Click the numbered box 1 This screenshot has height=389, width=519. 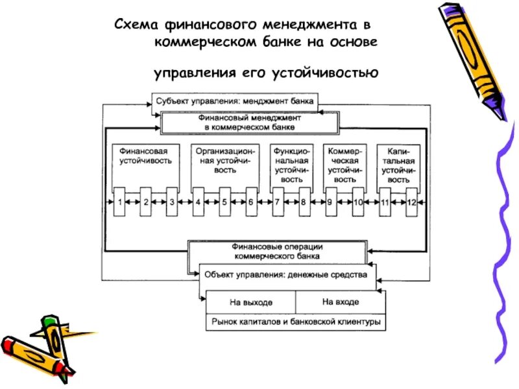pyautogui.click(x=120, y=202)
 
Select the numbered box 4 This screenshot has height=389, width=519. pyautogui.click(x=198, y=202)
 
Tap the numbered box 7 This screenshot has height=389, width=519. pyautogui.click(x=277, y=202)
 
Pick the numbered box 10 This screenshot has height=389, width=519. pyautogui.click(x=357, y=202)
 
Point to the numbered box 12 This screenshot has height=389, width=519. pyautogui.click(x=411, y=202)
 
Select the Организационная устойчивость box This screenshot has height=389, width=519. pyautogui.click(x=224, y=160)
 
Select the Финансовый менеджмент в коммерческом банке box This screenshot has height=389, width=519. pyautogui.click(x=250, y=123)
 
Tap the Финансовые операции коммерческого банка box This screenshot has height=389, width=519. pyautogui.click(x=277, y=251)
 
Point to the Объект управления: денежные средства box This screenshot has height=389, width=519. pyautogui.click(x=285, y=275)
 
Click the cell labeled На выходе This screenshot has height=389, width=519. pyautogui.click(x=251, y=302)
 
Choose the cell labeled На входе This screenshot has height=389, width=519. pyautogui.click(x=340, y=302)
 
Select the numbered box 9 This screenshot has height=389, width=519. pyautogui.click(x=330, y=202)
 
